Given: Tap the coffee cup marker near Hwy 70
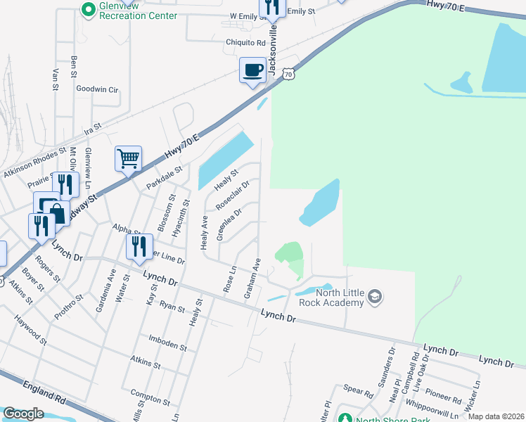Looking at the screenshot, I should (252, 71).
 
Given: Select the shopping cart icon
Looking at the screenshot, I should (129, 159).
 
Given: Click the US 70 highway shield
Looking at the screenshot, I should (288, 73).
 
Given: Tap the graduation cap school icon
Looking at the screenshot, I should (375, 296).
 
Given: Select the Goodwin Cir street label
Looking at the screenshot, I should (97, 90).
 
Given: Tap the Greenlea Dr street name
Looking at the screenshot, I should (229, 224).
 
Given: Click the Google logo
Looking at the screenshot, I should (24, 414).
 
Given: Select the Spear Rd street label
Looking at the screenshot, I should (358, 390).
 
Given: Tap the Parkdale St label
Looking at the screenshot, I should (164, 177).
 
